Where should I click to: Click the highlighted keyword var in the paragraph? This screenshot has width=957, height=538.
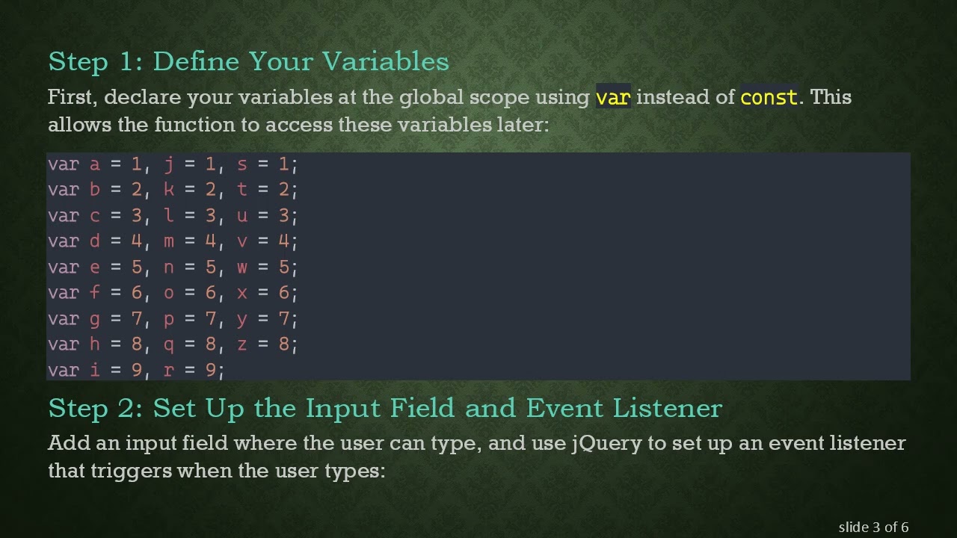[613, 98]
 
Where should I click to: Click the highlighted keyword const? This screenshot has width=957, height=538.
[769, 98]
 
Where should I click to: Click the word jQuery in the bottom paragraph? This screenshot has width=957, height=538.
[606, 444]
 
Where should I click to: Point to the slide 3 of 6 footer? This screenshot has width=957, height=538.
[873, 528]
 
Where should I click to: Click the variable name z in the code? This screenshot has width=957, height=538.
[241, 344]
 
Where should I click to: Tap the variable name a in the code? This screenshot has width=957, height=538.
[94, 164]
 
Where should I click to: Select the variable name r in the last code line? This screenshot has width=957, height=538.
[168, 371]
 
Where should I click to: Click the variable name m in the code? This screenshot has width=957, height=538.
[168, 241]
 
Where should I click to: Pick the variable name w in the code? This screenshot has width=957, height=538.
[241, 268]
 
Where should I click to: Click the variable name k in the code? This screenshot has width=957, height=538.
[168, 190]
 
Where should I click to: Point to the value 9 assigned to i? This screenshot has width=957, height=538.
[136, 371]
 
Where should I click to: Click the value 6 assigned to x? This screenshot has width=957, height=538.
[283, 293]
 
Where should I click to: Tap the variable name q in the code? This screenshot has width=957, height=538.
[168, 344]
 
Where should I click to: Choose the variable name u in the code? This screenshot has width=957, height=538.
[241, 216]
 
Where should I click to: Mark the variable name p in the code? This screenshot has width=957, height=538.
[168, 319]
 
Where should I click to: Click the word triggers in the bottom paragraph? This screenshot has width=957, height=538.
[131, 471]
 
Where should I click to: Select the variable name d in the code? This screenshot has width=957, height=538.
[94, 241]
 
